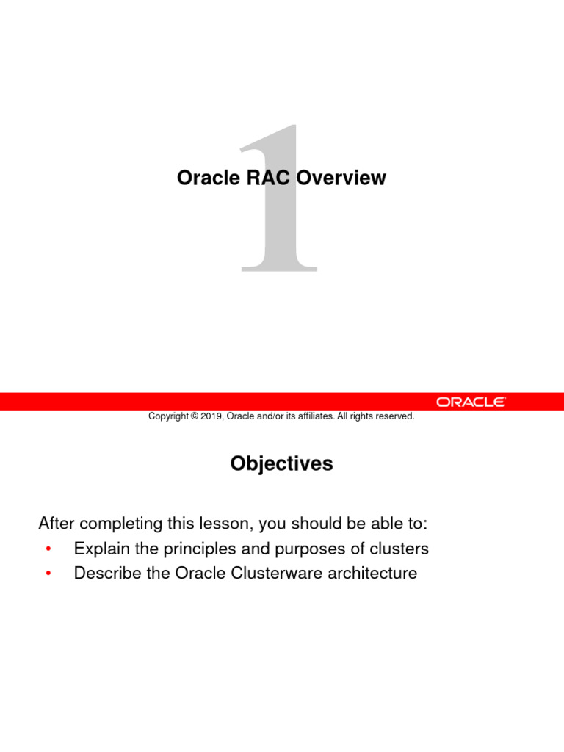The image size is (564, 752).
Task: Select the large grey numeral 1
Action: pyautogui.click(x=279, y=198)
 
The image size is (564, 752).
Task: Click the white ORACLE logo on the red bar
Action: pyautogui.click(x=471, y=402)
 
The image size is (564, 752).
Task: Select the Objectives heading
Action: pyautogui.click(x=281, y=464)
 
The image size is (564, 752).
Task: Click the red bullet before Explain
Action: pyautogui.click(x=48, y=549)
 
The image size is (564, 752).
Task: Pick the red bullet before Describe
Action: pyautogui.click(x=48, y=574)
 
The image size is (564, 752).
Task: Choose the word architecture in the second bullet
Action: pyautogui.click(x=373, y=573)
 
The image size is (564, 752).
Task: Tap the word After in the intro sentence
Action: pyautogui.click(x=57, y=524)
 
